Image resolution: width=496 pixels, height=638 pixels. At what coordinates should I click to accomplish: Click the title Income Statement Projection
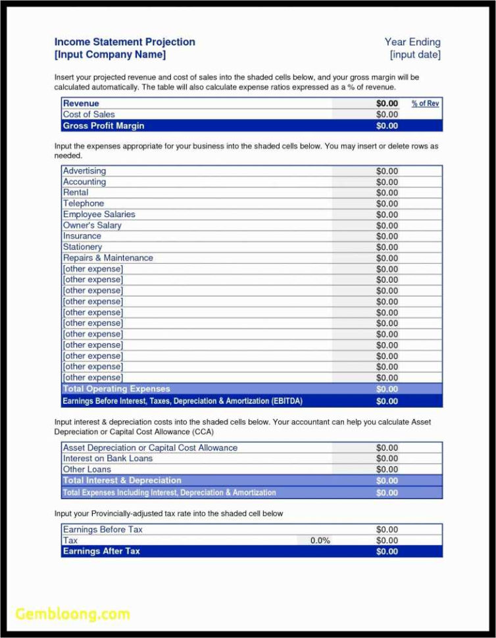click(x=124, y=42)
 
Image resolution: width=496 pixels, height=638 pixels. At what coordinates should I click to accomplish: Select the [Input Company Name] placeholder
click(x=110, y=55)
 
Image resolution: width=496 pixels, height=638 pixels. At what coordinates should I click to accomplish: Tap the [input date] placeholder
click(x=414, y=55)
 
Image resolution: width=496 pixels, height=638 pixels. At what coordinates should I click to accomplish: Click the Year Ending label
click(x=412, y=42)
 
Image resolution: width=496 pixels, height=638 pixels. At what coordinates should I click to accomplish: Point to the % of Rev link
click(x=425, y=103)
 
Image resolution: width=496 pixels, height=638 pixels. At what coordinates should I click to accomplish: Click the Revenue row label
click(x=81, y=103)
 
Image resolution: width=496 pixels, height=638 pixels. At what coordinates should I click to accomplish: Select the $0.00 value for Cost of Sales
click(x=387, y=114)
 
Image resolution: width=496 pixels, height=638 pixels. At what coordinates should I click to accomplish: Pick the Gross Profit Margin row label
click(x=103, y=126)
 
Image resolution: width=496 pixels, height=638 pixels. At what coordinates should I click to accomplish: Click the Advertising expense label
click(x=84, y=171)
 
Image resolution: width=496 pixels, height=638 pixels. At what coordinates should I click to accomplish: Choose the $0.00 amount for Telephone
click(x=387, y=204)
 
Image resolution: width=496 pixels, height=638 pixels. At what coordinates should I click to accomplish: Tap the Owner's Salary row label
click(x=92, y=226)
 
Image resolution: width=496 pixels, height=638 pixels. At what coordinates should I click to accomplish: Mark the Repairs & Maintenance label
click(x=108, y=258)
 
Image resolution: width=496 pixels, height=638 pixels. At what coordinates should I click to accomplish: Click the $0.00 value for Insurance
click(x=387, y=236)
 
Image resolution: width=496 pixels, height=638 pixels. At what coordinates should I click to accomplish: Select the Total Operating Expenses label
click(x=116, y=389)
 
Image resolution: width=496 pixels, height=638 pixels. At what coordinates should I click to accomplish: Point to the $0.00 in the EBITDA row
click(x=387, y=401)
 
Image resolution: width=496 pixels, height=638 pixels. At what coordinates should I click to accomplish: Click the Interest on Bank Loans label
click(x=107, y=458)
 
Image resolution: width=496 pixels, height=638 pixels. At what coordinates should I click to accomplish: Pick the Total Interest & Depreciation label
click(x=122, y=481)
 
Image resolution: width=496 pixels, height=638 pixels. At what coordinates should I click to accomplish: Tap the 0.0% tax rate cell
click(x=320, y=541)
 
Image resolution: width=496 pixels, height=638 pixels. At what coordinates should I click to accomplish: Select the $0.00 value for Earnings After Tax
click(x=387, y=551)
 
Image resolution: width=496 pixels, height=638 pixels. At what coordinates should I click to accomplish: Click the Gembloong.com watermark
click(x=72, y=614)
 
